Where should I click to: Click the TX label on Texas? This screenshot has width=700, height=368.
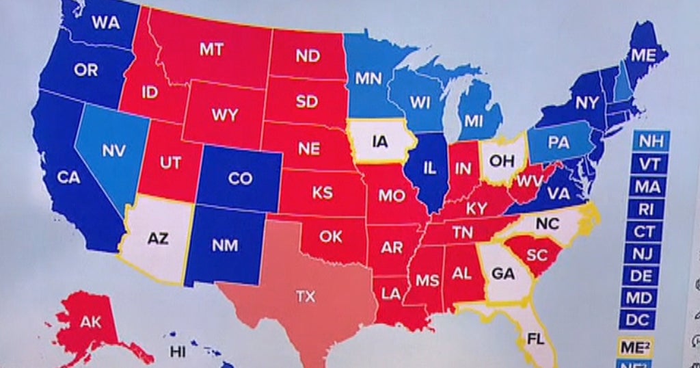pyautogui.click(x=305, y=296)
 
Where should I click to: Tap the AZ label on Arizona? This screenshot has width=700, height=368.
pyautogui.click(x=157, y=239)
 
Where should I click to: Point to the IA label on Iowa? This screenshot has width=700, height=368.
pyautogui.click(x=381, y=142)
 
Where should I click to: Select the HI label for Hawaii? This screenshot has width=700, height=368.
pyautogui.click(x=178, y=353)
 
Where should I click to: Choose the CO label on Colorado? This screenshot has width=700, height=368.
pyautogui.click(x=240, y=179)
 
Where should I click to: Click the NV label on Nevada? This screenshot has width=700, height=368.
pyautogui.click(x=113, y=150)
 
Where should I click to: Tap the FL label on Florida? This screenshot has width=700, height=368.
pyautogui.click(x=535, y=338)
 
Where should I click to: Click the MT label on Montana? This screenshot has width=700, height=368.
pyautogui.click(x=210, y=49)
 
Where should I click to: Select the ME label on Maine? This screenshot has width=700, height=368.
pyautogui.click(x=643, y=55)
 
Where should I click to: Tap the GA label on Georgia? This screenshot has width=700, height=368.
pyautogui.click(x=502, y=274)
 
